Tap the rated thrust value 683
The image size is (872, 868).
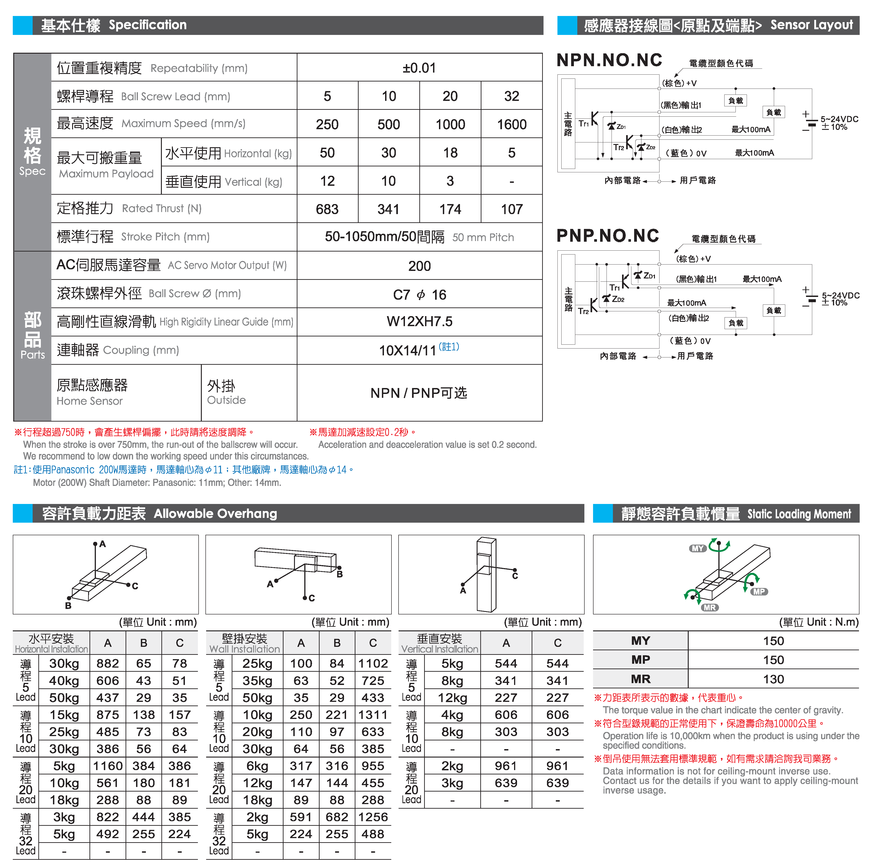click(327, 209)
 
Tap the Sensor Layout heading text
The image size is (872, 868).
click(811, 25)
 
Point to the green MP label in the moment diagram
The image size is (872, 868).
click(759, 591)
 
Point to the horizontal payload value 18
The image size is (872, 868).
click(450, 152)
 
